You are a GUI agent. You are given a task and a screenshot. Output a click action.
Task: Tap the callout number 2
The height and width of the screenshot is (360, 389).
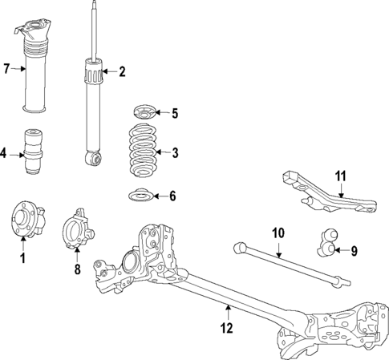point(122,72)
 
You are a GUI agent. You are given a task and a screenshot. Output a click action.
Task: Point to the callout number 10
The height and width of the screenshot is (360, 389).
point(278,233)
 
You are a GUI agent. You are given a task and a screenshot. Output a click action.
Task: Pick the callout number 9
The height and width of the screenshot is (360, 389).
point(355,250)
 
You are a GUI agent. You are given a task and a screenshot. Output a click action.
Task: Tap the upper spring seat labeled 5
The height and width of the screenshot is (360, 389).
point(145,111)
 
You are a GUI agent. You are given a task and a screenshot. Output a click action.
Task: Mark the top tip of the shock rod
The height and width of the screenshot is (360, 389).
point(95,4)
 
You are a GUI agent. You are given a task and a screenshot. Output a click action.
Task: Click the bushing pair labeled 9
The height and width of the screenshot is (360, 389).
point(328,241)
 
